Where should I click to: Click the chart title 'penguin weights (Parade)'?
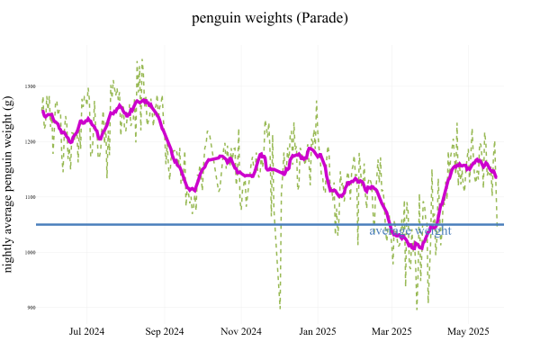(x=270, y=18)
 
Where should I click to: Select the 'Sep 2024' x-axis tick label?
(x=165, y=331)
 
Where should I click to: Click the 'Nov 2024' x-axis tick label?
(x=241, y=331)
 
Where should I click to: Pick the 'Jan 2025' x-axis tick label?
(x=317, y=331)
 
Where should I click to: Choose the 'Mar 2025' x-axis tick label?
(x=391, y=331)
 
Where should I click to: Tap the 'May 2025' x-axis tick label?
(x=468, y=331)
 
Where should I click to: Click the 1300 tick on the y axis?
(x=31, y=86)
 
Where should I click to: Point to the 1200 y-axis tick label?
(x=31, y=142)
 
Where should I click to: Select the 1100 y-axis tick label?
(x=31, y=197)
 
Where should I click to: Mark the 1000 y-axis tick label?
(x=31, y=253)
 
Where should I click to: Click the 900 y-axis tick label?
(x=31, y=308)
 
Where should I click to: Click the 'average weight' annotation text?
(x=410, y=231)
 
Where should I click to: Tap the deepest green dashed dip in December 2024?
(x=279, y=309)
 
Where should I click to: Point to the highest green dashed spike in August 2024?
(x=141, y=60)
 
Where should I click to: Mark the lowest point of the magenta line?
(x=418, y=248)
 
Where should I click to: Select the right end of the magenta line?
(x=496, y=176)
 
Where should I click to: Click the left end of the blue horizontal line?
(x=37, y=224)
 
